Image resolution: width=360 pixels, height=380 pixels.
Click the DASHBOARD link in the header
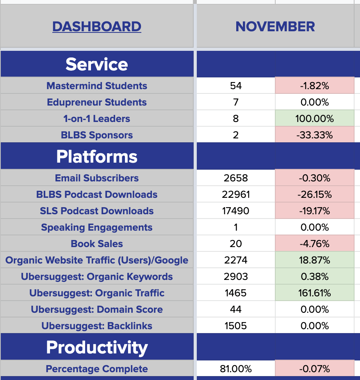pyautogui.click(x=97, y=27)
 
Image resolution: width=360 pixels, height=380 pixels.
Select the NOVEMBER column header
pyautogui.click(x=275, y=27)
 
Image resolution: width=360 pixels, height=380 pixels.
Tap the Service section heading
pyautogui.click(x=97, y=64)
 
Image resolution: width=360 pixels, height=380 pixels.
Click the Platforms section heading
pyautogui.click(x=97, y=156)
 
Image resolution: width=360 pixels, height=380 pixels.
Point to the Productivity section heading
pyautogui.click(x=97, y=347)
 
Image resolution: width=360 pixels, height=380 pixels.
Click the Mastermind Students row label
pyautogui.click(x=97, y=86)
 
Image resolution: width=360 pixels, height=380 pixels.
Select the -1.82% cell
pyautogui.click(x=314, y=86)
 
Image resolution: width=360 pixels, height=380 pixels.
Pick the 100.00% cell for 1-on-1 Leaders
pyautogui.click(x=314, y=118)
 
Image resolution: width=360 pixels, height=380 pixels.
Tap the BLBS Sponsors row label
pyautogui.click(x=97, y=135)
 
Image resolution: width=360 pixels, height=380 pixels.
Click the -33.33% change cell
pyautogui.click(x=314, y=135)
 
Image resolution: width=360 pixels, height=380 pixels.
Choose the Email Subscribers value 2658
pyautogui.click(x=236, y=178)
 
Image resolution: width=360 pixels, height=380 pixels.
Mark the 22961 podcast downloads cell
pyautogui.click(x=236, y=194)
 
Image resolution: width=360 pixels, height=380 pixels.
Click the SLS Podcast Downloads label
pyautogui.click(x=97, y=211)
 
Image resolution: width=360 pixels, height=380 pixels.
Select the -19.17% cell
pyautogui.click(x=314, y=211)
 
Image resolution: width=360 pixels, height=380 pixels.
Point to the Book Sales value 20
pyautogui.click(x=236, y=244)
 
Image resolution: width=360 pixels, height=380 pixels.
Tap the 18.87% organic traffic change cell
pyautogui.click(x=314, y=260)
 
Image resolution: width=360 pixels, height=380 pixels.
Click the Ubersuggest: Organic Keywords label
pyautogui.click(x=97, y=276)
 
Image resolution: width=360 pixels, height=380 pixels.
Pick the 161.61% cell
pyautogui.click(x=314, y=293)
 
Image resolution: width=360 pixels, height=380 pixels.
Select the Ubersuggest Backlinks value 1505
pyautogui.click(x=236, y=326)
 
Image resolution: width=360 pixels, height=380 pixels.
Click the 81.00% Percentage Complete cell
pyautogui.click(x=236, y=369)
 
